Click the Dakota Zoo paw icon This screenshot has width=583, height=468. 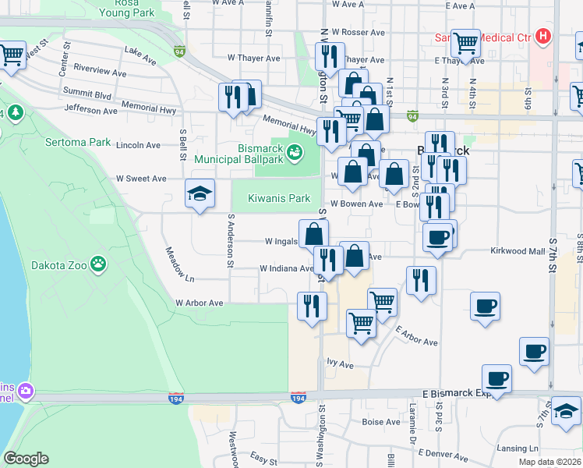pyautogui.click(x=98, y=264)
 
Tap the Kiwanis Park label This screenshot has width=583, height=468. pyautogui.click(x=279, y=198)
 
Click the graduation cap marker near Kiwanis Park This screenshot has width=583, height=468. pyautogui.click(x=200, y=194)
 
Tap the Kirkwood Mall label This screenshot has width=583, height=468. pyautogui.click(x=517, y=251)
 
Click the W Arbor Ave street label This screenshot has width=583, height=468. pyautogui.click(x=199, y=303)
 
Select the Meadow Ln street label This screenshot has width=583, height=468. pyautogui.click(x=179, y=264)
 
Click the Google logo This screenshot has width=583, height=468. pyautogui.click(x=26, y=458)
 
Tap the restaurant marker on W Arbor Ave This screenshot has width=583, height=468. pyautogui.click(x=311, y=305)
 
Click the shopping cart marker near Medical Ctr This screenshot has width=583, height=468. pyautogui.click(x=466, y=44)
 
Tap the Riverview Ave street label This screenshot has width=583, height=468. pyautogui.click(x=97, y=73)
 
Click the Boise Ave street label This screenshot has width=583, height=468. pyautogui.click(x=381, y=422)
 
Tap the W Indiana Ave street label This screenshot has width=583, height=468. pyautogui.click(x=285, y=269)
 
